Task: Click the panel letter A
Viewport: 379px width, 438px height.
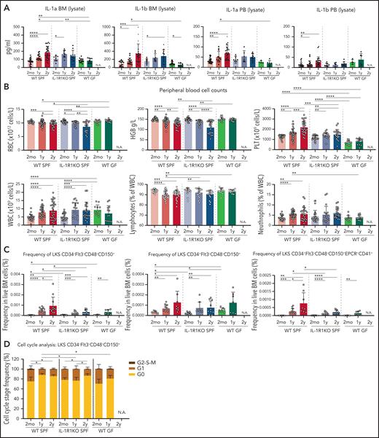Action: coord(5,6)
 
